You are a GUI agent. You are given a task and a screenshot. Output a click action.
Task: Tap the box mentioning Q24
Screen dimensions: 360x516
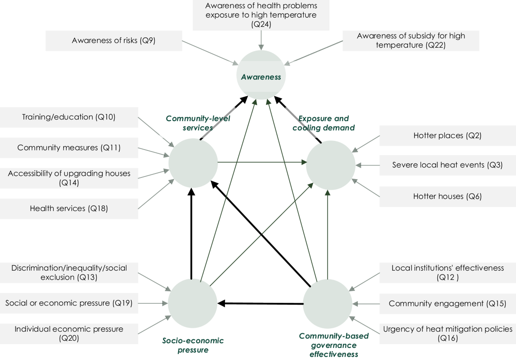(261, 15)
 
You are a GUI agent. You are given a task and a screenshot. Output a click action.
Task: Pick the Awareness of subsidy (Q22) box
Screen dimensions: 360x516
(411, 41)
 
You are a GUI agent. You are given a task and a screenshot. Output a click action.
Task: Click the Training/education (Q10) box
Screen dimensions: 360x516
(69, 117)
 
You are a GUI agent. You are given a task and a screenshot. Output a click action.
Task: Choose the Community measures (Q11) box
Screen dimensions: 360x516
(69, 148)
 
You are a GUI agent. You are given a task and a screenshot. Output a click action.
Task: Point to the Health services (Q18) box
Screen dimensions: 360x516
(69, 209)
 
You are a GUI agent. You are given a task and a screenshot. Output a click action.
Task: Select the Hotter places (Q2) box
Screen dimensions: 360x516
(447, 136)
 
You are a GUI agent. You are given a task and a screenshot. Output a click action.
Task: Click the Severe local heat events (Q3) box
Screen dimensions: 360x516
(447, 165)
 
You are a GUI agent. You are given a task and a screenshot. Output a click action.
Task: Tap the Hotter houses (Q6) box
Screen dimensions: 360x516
(447, 196)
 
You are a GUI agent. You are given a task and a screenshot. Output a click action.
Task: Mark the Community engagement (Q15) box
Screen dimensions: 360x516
(447, 304)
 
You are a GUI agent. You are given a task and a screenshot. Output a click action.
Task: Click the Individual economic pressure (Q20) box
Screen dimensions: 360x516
(69, 334)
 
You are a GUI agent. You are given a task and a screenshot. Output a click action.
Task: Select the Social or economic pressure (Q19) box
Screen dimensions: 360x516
(69, 303)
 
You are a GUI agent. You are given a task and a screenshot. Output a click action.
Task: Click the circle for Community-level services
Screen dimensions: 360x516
(192, 163)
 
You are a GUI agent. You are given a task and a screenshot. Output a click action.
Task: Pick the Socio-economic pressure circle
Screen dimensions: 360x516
(192, 303)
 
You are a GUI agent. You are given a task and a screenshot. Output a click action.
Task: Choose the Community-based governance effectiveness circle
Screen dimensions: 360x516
(328, 303)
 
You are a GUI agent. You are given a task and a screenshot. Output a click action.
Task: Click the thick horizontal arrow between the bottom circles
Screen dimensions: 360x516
(261, 304)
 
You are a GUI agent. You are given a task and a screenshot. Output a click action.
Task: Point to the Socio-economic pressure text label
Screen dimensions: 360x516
(193, 345)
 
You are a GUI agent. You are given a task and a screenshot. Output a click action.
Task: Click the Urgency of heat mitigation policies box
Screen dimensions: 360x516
(447, 334)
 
